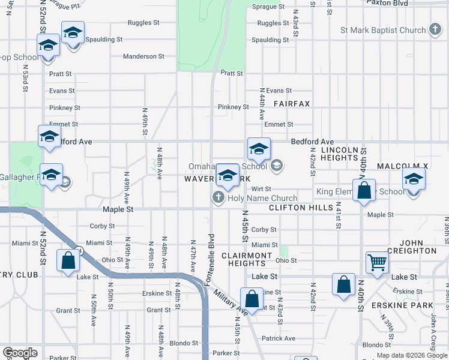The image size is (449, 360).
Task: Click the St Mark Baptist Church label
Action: click(x=382, y=30)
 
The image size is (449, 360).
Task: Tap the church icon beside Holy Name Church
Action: click(x=218, y=197)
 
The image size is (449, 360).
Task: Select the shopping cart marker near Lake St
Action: click(x=377, y=262)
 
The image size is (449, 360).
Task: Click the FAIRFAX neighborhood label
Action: click(x=292, y=104)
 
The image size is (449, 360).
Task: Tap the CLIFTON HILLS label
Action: click(x=301, y=208)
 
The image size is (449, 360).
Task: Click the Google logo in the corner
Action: click(x=19, y=353)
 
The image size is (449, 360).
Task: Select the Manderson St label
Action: click(x=143, y=56)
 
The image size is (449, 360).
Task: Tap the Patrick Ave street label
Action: click(x=278, y=338)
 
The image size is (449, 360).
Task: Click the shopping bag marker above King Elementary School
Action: click(x=364, y=191)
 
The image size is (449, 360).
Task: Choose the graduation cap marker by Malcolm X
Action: click(x=414, y=179)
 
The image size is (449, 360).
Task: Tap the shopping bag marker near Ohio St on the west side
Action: click(x=68, y=260)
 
